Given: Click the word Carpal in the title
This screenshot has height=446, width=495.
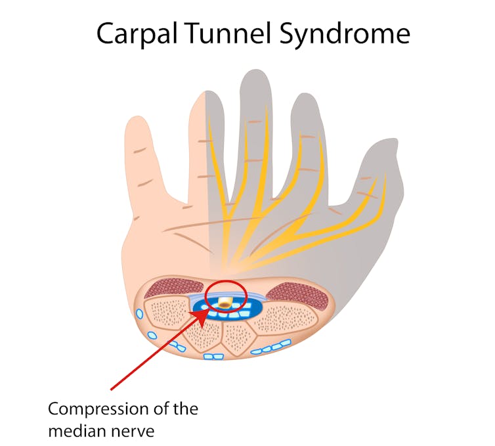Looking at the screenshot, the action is (137, 33).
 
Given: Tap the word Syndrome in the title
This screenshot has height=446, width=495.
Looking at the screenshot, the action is (345, 33).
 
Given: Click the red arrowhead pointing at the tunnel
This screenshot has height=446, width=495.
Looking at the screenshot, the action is (199, 316).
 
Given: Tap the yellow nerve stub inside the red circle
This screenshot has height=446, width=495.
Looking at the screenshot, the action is (225, 302).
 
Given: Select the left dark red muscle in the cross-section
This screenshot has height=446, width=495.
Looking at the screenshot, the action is (174, 289).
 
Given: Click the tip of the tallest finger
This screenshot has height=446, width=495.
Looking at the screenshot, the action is (256, 70).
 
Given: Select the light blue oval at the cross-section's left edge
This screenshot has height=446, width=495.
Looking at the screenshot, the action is (139, 314).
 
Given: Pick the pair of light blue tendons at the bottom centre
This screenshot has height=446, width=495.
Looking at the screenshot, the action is (214, 357).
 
